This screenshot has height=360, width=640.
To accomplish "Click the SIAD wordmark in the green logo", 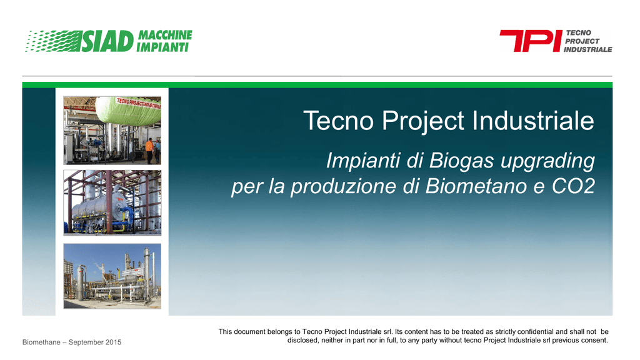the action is [107, 41].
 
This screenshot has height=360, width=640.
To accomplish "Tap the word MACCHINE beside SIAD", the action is [165, 35].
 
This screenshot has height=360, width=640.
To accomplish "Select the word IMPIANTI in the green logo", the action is [162, 47].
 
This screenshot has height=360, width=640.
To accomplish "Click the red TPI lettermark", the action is [531, 41].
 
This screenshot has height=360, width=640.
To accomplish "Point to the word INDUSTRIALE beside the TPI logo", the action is [587, 49].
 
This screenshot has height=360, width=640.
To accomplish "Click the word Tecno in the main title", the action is [338, 121].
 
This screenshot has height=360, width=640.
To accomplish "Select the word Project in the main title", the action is [423, 122].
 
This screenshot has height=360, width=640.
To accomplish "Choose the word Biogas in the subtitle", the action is [461, 161].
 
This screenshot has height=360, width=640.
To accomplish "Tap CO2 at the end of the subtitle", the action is [573, 186].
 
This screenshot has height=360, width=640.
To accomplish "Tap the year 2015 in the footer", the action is [114, 342].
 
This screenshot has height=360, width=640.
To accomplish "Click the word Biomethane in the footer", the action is [41, 342].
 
